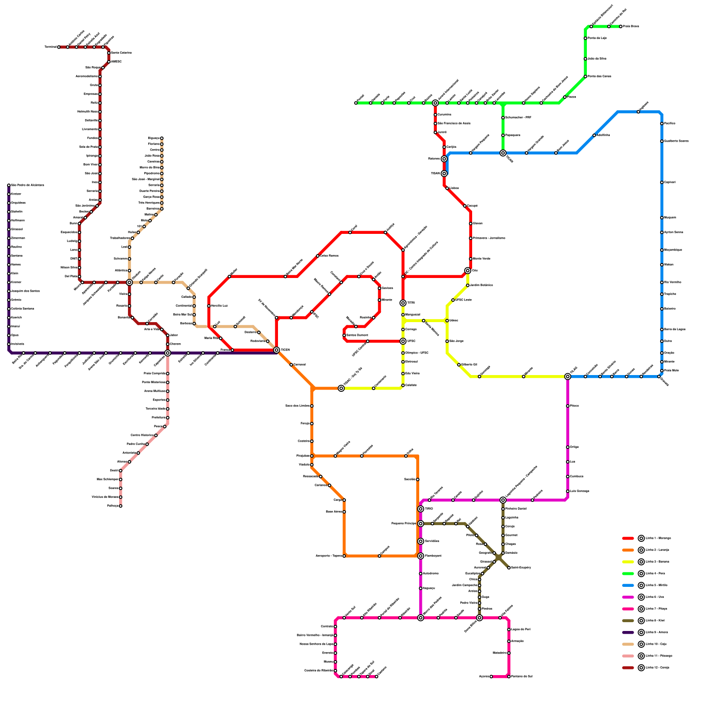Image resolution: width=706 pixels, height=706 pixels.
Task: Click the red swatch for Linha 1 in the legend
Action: point(628,538)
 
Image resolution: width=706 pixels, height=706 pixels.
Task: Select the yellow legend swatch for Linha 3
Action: point(628,562)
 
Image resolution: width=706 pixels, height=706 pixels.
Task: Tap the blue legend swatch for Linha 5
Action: point(628,586)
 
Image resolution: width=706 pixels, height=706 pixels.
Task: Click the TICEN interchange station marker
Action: point(277,350)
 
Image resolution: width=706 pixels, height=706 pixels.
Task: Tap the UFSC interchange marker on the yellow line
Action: point(403,341)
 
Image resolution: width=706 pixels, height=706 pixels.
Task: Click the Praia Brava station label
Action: point(631,26)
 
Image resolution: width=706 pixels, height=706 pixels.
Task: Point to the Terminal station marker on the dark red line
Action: point(59,47)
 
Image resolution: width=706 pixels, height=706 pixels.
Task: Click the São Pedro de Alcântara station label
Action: point(27,185)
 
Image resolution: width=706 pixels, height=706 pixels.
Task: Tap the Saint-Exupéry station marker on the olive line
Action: point(509,568)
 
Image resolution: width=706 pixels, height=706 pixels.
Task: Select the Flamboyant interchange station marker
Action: point(421,556)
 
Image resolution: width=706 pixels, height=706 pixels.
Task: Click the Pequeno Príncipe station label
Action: point(403,524)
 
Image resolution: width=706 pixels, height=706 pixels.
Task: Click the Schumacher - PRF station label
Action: point(518,118)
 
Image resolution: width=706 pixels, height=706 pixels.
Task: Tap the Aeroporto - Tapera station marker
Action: point(344,556)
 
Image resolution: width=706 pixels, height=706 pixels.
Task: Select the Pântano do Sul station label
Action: point(522,676)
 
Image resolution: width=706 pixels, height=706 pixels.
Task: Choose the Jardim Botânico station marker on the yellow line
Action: point(468,285)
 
